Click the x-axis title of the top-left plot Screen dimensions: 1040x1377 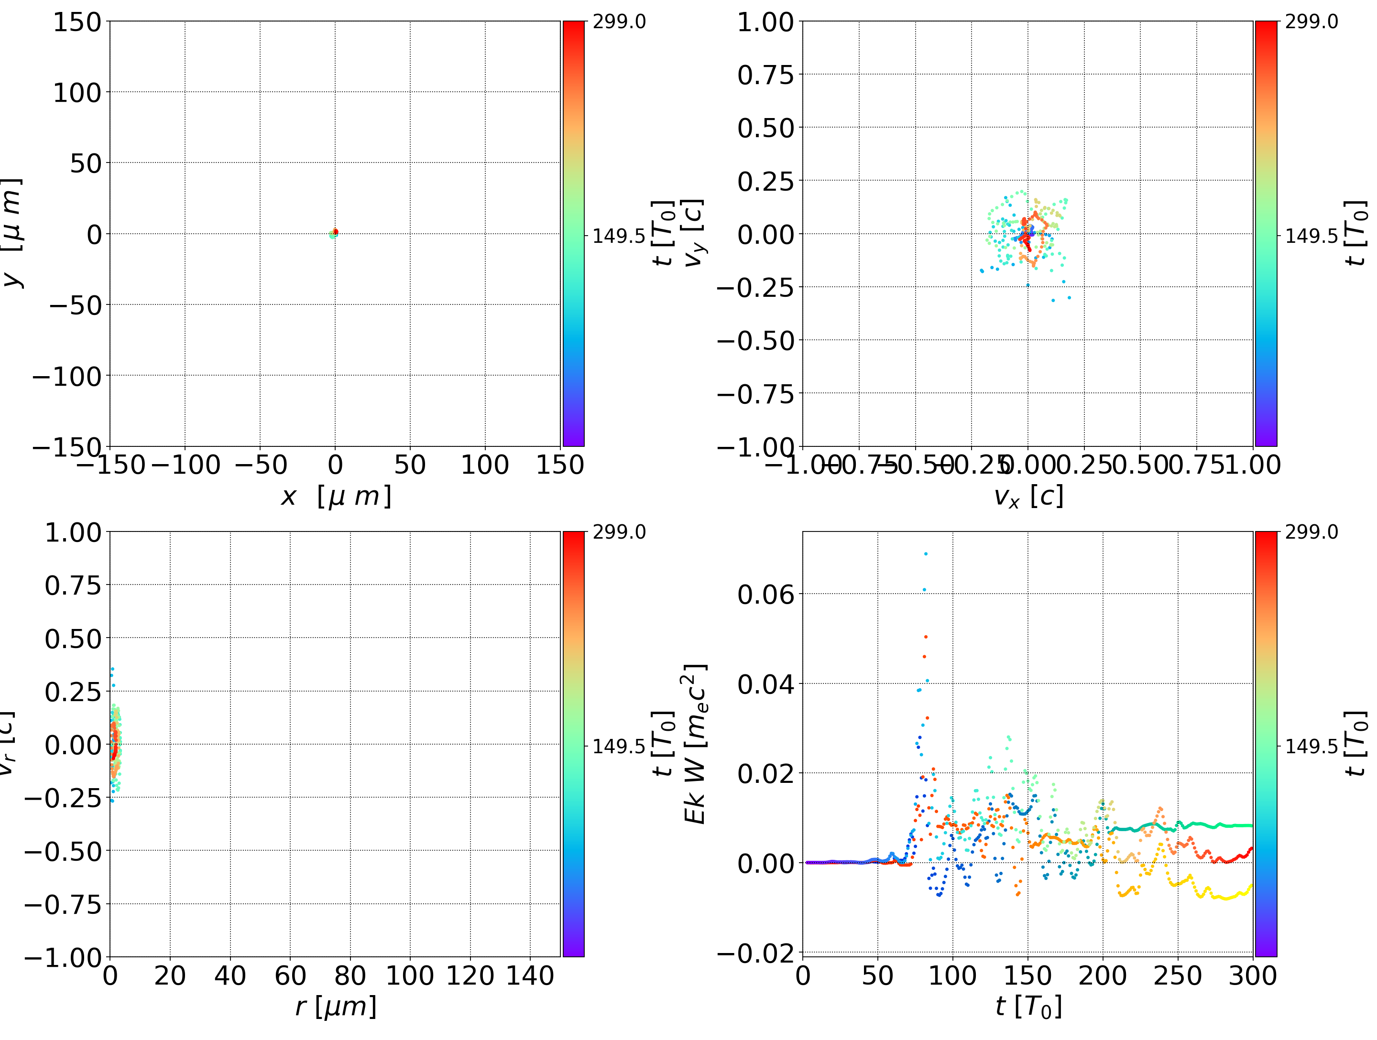point(336,497)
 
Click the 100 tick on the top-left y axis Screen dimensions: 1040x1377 point(76,93)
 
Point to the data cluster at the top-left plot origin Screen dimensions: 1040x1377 point(334,233)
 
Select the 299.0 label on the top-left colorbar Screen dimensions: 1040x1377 point(619,22)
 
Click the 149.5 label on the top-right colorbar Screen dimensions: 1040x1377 point(1311,236)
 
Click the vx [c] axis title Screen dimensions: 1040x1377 point(1028,497)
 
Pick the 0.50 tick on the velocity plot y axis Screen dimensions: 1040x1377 point(765,128)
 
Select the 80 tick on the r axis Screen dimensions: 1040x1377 point(350,975)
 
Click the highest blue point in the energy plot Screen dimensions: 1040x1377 point(926,553)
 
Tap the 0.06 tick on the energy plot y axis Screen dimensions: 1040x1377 point(765,595)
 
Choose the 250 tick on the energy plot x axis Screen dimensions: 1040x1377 point(1178,975)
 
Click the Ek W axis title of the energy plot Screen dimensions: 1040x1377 point(695,744)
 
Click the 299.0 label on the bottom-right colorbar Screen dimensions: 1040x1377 point(1311,532)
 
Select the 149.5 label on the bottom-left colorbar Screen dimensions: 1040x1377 point(619,746)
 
